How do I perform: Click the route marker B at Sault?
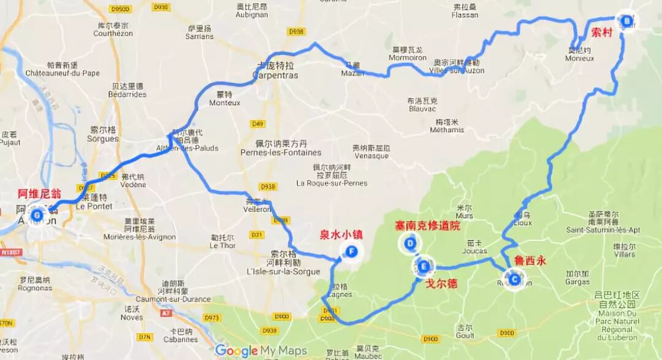tap(627, 21)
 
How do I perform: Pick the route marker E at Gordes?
tap(424, 266)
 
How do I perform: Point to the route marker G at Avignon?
tap(38, 215)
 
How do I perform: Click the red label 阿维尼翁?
tap(39, 194)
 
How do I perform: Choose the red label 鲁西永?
tap(530, 261)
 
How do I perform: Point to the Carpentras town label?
tap(275, 75)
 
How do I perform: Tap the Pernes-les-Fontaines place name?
tap(281, 152)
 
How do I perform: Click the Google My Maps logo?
tap(261, 351)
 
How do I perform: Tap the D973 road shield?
tap(212, 318)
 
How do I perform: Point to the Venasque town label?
tap(371, 156)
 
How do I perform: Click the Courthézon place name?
tap(111, 34)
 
